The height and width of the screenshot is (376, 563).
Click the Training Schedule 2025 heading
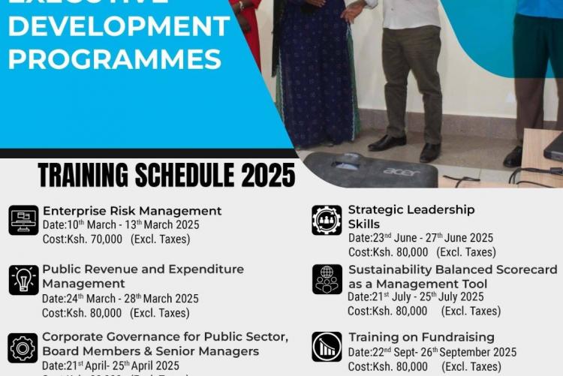(167, 175)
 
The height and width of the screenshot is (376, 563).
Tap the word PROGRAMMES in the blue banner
(115, 59)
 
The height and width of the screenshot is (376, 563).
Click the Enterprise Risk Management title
(132, 211)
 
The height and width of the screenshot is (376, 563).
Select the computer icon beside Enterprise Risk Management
(23, 221)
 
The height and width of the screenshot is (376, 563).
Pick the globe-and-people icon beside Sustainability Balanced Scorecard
(327, 280)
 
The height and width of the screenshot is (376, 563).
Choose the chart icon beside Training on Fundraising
(327, 347)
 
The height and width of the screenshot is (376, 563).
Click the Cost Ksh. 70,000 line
(116, 239)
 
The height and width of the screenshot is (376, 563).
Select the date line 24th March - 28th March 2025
(120, 299)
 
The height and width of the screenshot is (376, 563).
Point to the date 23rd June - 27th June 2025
(420, 238)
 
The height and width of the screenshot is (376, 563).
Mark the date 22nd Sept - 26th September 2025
(432, 352)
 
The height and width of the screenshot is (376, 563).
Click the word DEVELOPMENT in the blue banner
(119, 26)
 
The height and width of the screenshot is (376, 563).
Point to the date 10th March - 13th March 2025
(120, 225)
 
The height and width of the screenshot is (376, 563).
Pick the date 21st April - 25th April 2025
(110, 365)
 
